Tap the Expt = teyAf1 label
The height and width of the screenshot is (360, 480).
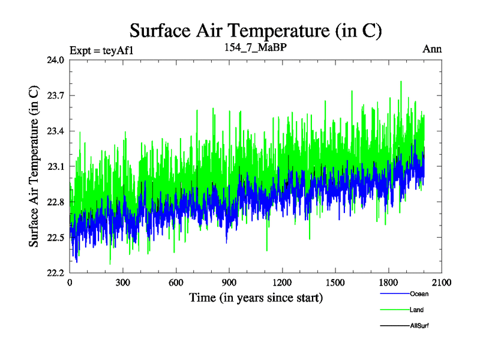[101, 50]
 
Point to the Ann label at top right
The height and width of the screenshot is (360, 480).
[432, 49]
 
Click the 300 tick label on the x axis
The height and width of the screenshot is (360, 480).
[123, 283]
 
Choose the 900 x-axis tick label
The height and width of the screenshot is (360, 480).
[229, 283]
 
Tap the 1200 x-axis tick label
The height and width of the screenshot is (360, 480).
[282, 283]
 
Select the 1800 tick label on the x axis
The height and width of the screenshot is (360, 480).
[388, 283]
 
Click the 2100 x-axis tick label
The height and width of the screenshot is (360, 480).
[441, 283]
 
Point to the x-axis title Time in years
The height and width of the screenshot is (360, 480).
[256, 298]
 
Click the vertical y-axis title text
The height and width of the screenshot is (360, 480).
[34, 166]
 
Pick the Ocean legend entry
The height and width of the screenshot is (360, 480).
[419, 294]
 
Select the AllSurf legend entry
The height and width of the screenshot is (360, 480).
[419, 326]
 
